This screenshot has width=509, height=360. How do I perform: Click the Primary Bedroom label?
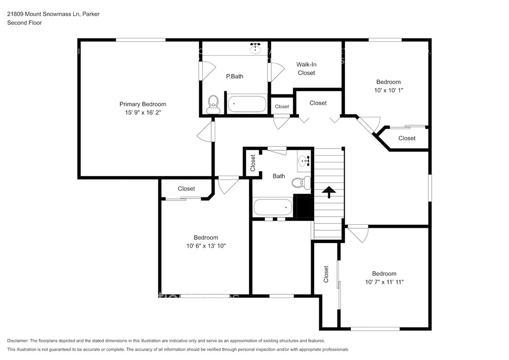pos(143,104)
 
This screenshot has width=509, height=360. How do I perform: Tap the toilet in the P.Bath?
pos(213,104)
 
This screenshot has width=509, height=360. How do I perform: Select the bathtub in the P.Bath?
pos(247,104)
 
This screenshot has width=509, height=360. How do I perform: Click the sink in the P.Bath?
pos(256,48)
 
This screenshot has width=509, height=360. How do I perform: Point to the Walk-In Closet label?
pos(306,69)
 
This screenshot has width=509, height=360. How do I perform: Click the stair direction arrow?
pos(329,192)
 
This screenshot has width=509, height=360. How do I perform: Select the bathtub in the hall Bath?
pos(273,207)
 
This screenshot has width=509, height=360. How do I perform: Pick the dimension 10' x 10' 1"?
pos(389,90)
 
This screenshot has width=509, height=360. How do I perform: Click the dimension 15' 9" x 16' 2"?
pos(143,113)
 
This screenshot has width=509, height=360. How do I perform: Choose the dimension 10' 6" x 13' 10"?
pos(206,246)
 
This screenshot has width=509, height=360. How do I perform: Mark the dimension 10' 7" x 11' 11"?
pos(384,282)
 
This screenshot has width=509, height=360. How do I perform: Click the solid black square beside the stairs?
pos(303,206)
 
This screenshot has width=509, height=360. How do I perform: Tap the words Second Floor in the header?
pos(25,23)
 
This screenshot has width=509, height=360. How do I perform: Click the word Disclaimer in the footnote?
pos(17,341)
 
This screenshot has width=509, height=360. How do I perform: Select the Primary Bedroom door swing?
pos(205,131)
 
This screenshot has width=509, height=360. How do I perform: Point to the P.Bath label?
pos(235,77)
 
